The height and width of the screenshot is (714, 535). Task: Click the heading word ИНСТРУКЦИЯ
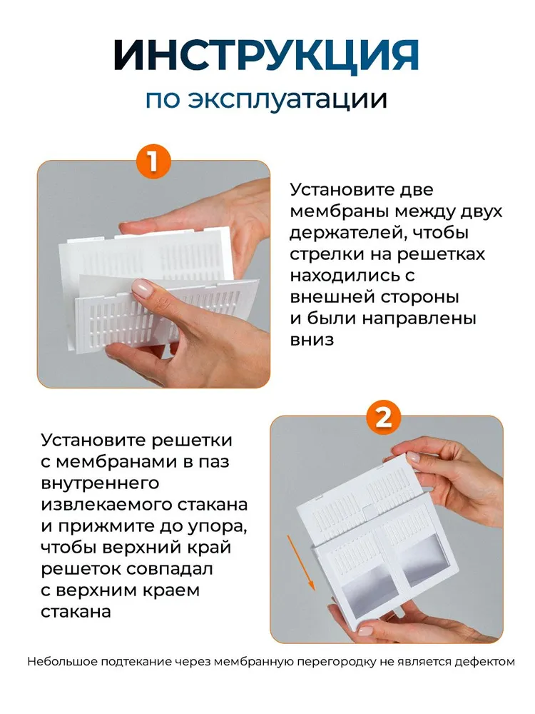267,55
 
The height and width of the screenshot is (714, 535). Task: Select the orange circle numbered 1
153,161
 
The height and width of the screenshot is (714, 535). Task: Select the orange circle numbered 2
384,417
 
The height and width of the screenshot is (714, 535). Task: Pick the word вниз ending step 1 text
312,340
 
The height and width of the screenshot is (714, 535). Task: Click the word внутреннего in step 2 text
100,483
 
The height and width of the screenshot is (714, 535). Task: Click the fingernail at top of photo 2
413,457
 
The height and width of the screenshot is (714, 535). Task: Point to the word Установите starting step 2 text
92,441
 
